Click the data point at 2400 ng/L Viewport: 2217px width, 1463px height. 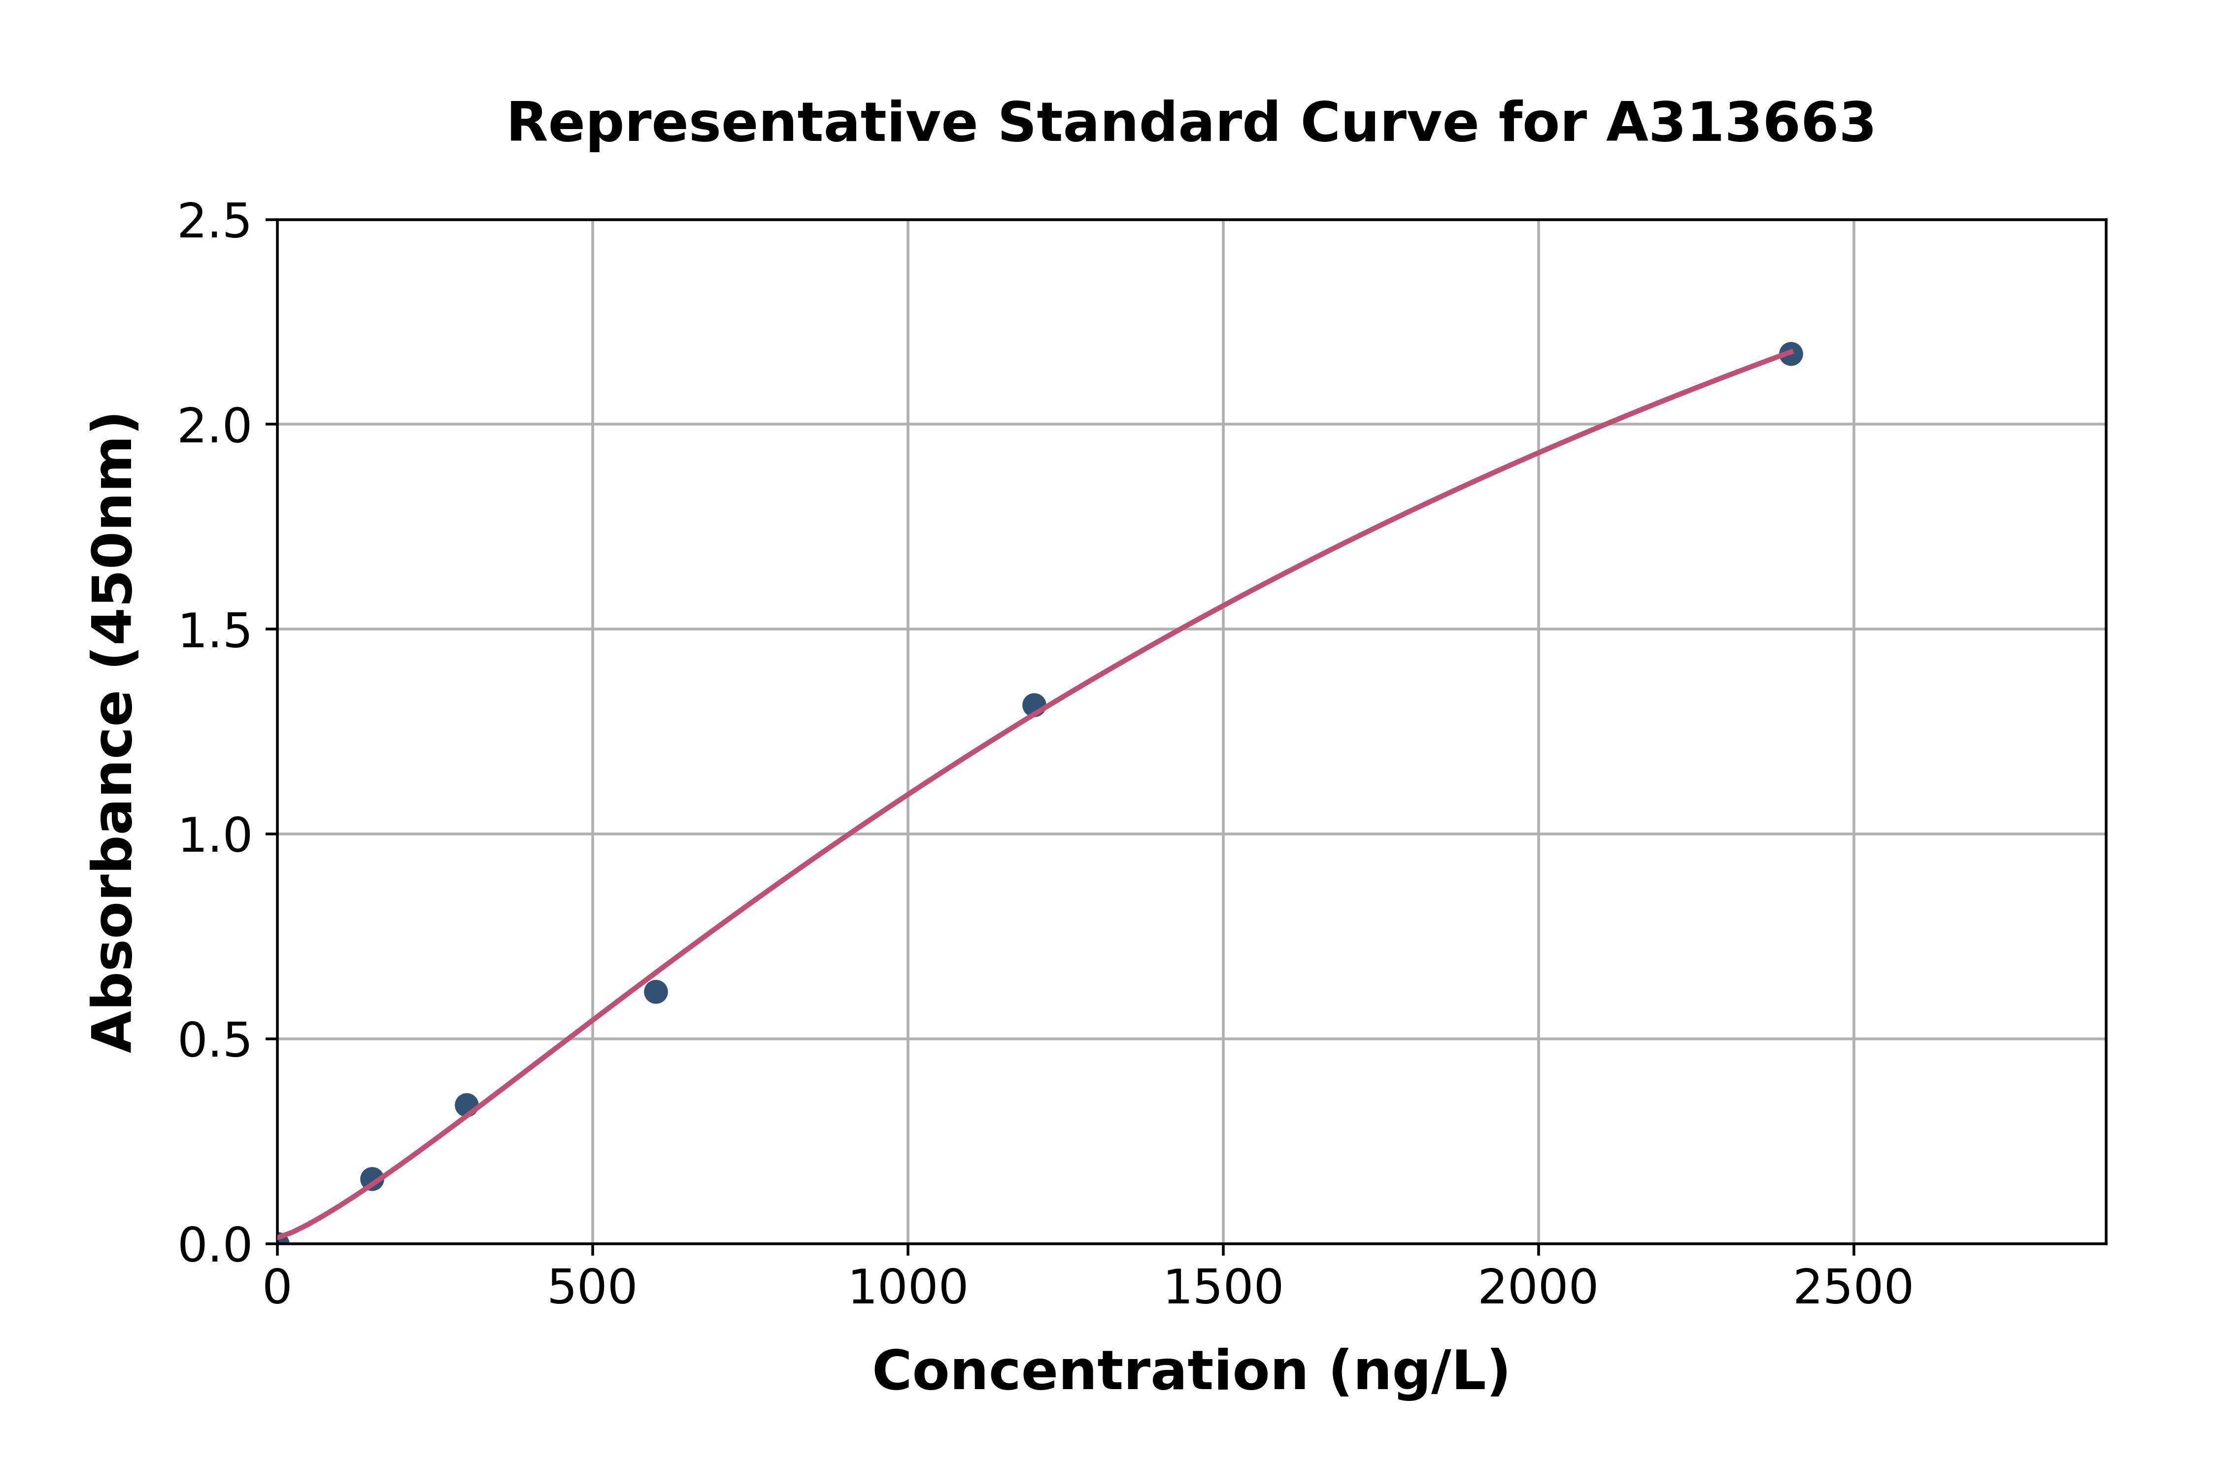coord(1790,354)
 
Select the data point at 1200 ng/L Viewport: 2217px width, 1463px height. coord(1034,704)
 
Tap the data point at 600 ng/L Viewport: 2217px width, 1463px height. coord(656,991)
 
